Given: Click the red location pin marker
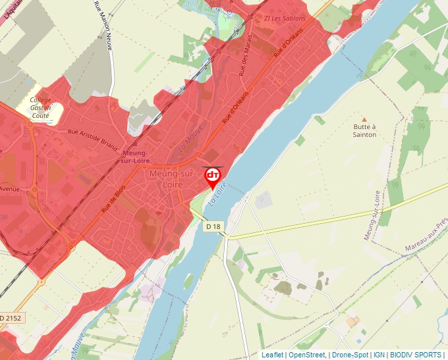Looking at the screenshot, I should tap(213, 176).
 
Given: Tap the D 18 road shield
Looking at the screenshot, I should tap(213, 226).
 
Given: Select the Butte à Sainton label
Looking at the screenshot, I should tap(364, 130).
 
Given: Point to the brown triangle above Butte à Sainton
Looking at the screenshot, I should tap(364, 120).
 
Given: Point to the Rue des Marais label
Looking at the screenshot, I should tap(245, 65).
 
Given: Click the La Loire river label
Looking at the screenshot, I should tap(217, 193).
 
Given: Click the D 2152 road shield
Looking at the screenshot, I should tap(10, 318).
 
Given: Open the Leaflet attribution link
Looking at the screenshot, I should tap(272, 355).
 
